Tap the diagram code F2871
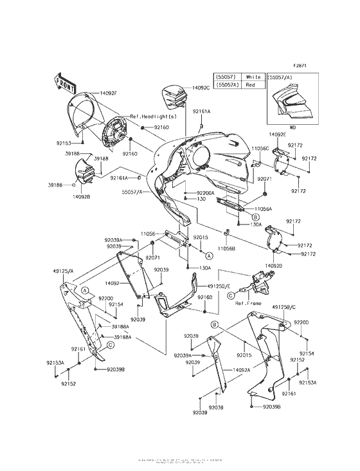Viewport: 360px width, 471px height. click(x=301, y=66)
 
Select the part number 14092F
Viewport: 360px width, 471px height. click(x=107, y=93)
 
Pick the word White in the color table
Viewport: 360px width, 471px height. click(x=253, y=77)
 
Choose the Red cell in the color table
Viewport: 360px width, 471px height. click(x=251, y=84)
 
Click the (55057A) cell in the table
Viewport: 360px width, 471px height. click(x=226, y=84)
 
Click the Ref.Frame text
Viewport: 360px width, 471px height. click(x=247, y=302)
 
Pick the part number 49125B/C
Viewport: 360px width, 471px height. click(x=285, y=308)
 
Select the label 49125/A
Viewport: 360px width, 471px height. click(x=62, y=271)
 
